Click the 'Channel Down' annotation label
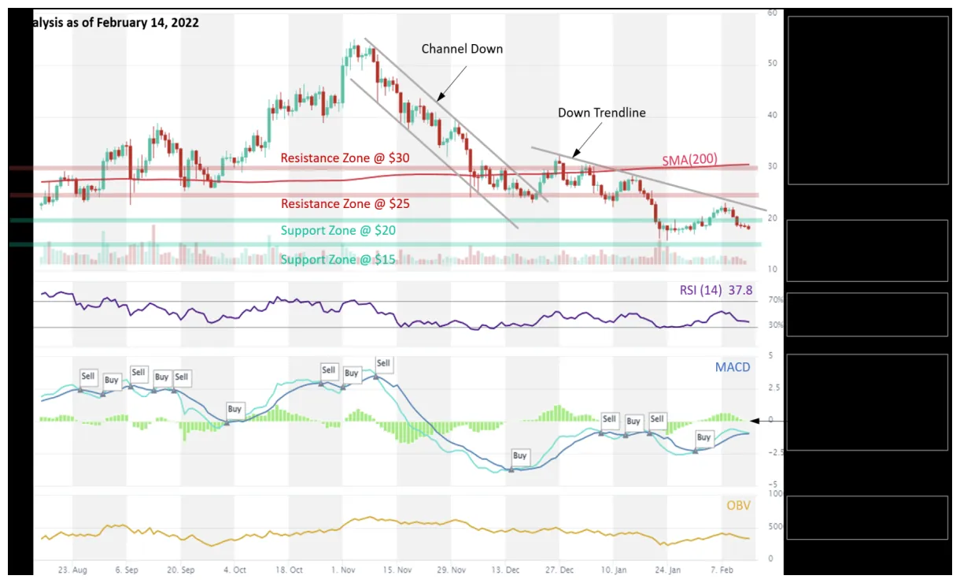pos(462,49)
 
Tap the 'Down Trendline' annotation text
pos(601,113)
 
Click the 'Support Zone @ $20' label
pos(338,231)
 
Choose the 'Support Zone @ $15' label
pos(338,260)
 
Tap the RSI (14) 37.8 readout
pos(715,291)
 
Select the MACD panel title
pos(732,367)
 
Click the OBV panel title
pos(738,505)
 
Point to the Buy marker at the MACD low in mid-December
pos(519,456)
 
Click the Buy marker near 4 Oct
pos(234,410)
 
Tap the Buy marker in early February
pos(703,437)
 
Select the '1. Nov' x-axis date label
pos(343,569)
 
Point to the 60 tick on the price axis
pos(772,13)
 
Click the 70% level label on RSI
pos(775,300)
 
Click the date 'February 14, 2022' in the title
pos(147,23)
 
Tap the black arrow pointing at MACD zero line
pos(766,421)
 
